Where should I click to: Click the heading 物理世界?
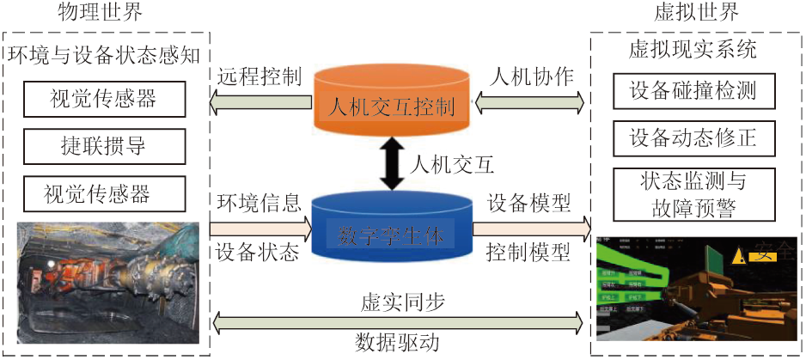point(100,13)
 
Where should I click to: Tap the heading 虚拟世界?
point(697,13)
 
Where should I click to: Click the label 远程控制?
point(259,76)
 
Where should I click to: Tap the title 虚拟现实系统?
point(693,50)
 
